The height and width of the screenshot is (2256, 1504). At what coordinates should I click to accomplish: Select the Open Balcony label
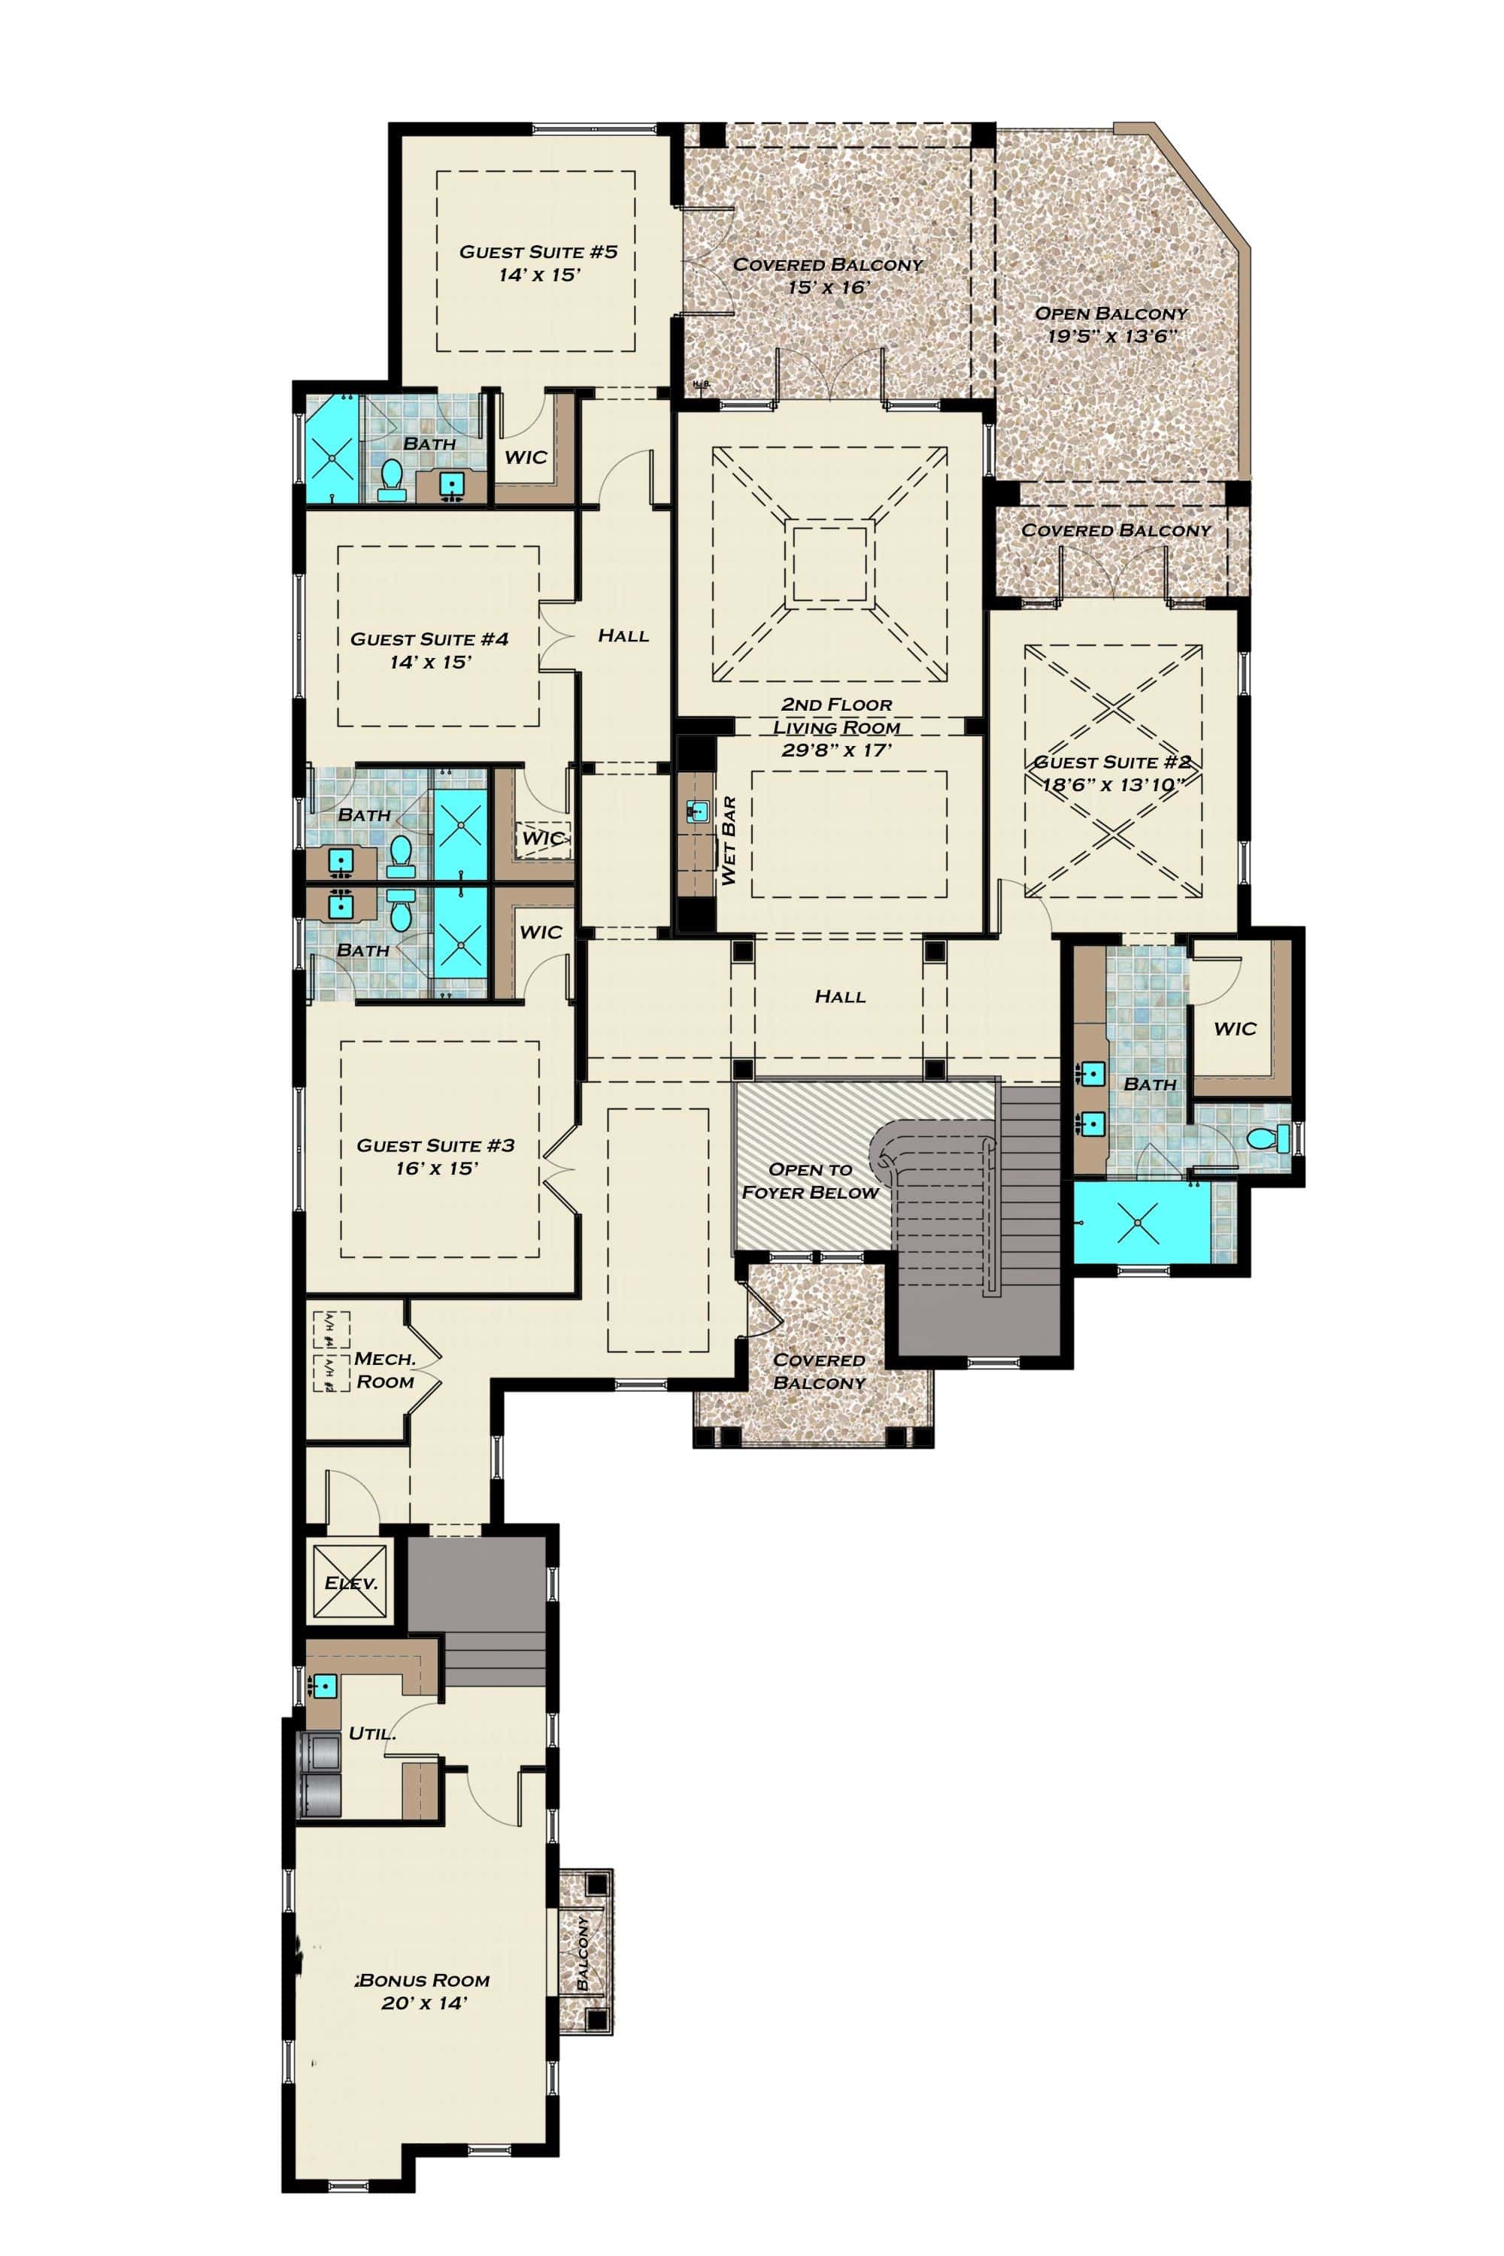tap(1111, 314)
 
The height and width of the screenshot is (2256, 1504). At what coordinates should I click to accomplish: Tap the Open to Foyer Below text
tap(811, 1181)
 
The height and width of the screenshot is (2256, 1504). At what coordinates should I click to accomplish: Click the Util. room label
tap(372, 1733)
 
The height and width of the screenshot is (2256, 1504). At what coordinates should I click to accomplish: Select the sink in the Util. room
tap(324, 1684)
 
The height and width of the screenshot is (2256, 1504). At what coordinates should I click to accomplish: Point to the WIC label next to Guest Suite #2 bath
tap(1235, 1029)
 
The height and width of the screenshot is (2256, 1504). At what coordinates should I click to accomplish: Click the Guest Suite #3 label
tap(435, 1145)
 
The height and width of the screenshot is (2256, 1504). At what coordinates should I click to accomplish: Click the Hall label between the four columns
tap(840, 996)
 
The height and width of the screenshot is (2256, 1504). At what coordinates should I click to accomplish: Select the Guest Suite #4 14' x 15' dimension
tap(429, 662)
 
